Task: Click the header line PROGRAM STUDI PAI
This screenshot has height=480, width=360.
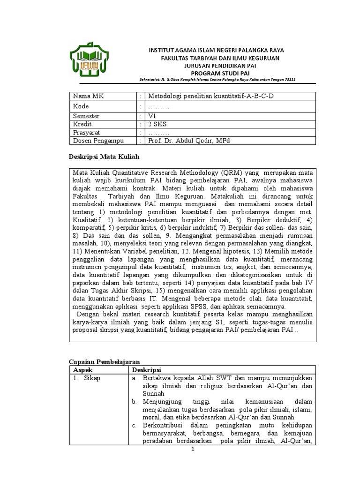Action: click(x=217, y=73)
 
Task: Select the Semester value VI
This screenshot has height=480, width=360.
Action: click(x=151, y=116)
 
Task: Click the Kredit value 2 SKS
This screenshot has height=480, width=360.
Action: click(x=157, y=124)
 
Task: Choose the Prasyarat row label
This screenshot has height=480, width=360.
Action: click(x=87, y=133)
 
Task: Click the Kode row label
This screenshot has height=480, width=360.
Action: click(x=80, y=106)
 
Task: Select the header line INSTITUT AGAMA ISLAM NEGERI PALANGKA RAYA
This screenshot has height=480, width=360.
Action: click(x=216, y=50)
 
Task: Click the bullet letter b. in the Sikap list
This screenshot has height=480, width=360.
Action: click(x=134, y=402)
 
